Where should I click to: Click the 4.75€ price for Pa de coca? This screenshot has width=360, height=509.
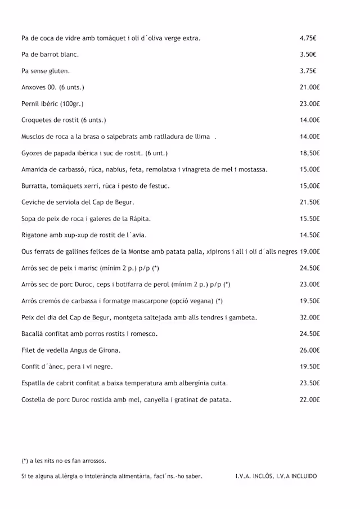point(308,38)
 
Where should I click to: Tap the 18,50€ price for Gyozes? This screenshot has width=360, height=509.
point(309,153)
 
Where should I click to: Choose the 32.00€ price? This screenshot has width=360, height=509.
point(309,317)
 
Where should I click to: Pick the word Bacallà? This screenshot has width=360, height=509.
point(33,334)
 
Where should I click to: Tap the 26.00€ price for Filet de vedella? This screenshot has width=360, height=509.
point(309,350)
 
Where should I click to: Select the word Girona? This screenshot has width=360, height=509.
point(108,350)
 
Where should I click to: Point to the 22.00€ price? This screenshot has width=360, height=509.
point(309,400)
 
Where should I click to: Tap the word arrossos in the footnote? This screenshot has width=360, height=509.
point(94,461)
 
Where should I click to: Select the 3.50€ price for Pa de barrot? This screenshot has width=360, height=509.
point(308,55)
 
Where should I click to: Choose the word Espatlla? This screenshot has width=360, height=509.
point(35,383)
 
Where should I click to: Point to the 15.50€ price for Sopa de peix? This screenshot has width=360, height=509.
point(309,219)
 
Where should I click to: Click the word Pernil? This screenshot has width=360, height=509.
point(30,103)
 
